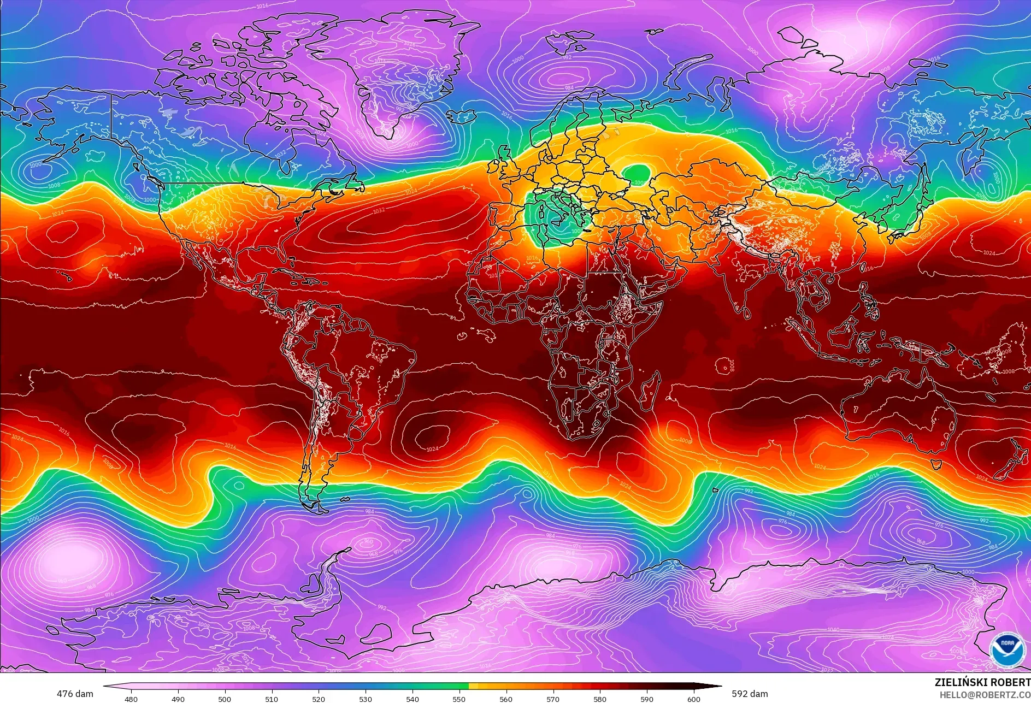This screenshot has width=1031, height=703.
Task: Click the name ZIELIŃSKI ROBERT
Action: coord(982,682)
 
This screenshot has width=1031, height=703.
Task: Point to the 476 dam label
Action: coord(75,694)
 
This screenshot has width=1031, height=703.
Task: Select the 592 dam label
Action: coord(750,694)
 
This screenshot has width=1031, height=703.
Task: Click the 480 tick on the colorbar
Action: coord(131,699)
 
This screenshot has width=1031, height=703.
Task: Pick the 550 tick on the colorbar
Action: coord(459,699)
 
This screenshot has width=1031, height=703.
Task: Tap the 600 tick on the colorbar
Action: coord(694,699)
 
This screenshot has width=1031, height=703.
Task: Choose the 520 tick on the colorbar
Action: coord(319,699)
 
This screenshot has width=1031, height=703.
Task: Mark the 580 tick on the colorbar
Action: coord(600,699)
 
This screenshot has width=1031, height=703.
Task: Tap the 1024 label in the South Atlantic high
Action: coord(432,448)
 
